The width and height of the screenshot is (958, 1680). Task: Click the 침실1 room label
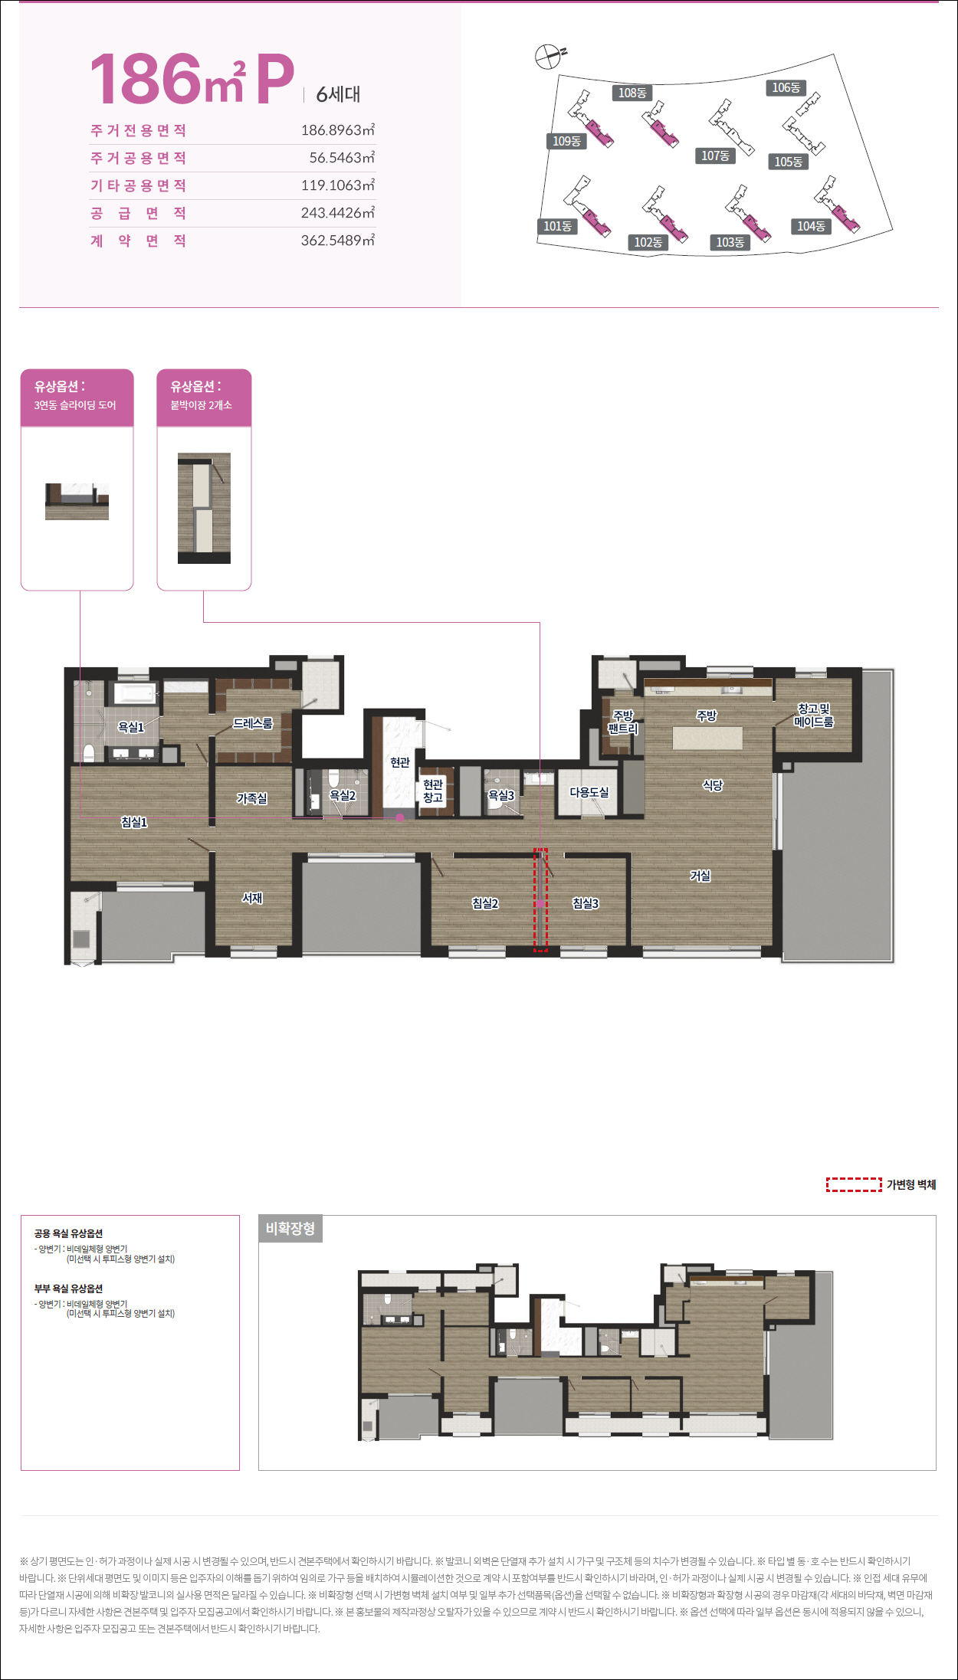[134, 822]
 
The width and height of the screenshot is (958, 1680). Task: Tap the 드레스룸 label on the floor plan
[253, 723]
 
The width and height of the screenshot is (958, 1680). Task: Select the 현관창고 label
[433, 791]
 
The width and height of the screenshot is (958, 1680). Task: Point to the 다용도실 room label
[589, 792]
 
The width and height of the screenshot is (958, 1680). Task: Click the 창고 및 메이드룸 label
[814, 716]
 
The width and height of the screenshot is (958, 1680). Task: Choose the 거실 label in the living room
[700, 875]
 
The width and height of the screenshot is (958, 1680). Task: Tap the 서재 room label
[252, 898]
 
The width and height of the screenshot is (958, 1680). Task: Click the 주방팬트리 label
[623, 722]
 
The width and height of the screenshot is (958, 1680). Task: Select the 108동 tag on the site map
[632, 93]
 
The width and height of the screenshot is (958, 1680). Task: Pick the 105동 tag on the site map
[788, 162]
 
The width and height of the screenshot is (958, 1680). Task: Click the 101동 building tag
[557, 226]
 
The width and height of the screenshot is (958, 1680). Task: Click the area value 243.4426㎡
[338, 213]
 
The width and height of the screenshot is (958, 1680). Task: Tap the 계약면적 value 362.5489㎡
[338, 241]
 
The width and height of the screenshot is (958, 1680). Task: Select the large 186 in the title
[146, 79]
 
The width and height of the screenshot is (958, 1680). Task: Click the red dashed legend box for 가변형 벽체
[854, 1184]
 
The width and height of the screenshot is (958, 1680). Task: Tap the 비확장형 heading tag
[290, 1229]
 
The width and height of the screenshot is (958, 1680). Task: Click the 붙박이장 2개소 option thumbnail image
[204, 508]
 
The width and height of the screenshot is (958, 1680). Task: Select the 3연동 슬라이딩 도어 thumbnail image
[77, 502]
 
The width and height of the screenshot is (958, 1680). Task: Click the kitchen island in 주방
[707, 738]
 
